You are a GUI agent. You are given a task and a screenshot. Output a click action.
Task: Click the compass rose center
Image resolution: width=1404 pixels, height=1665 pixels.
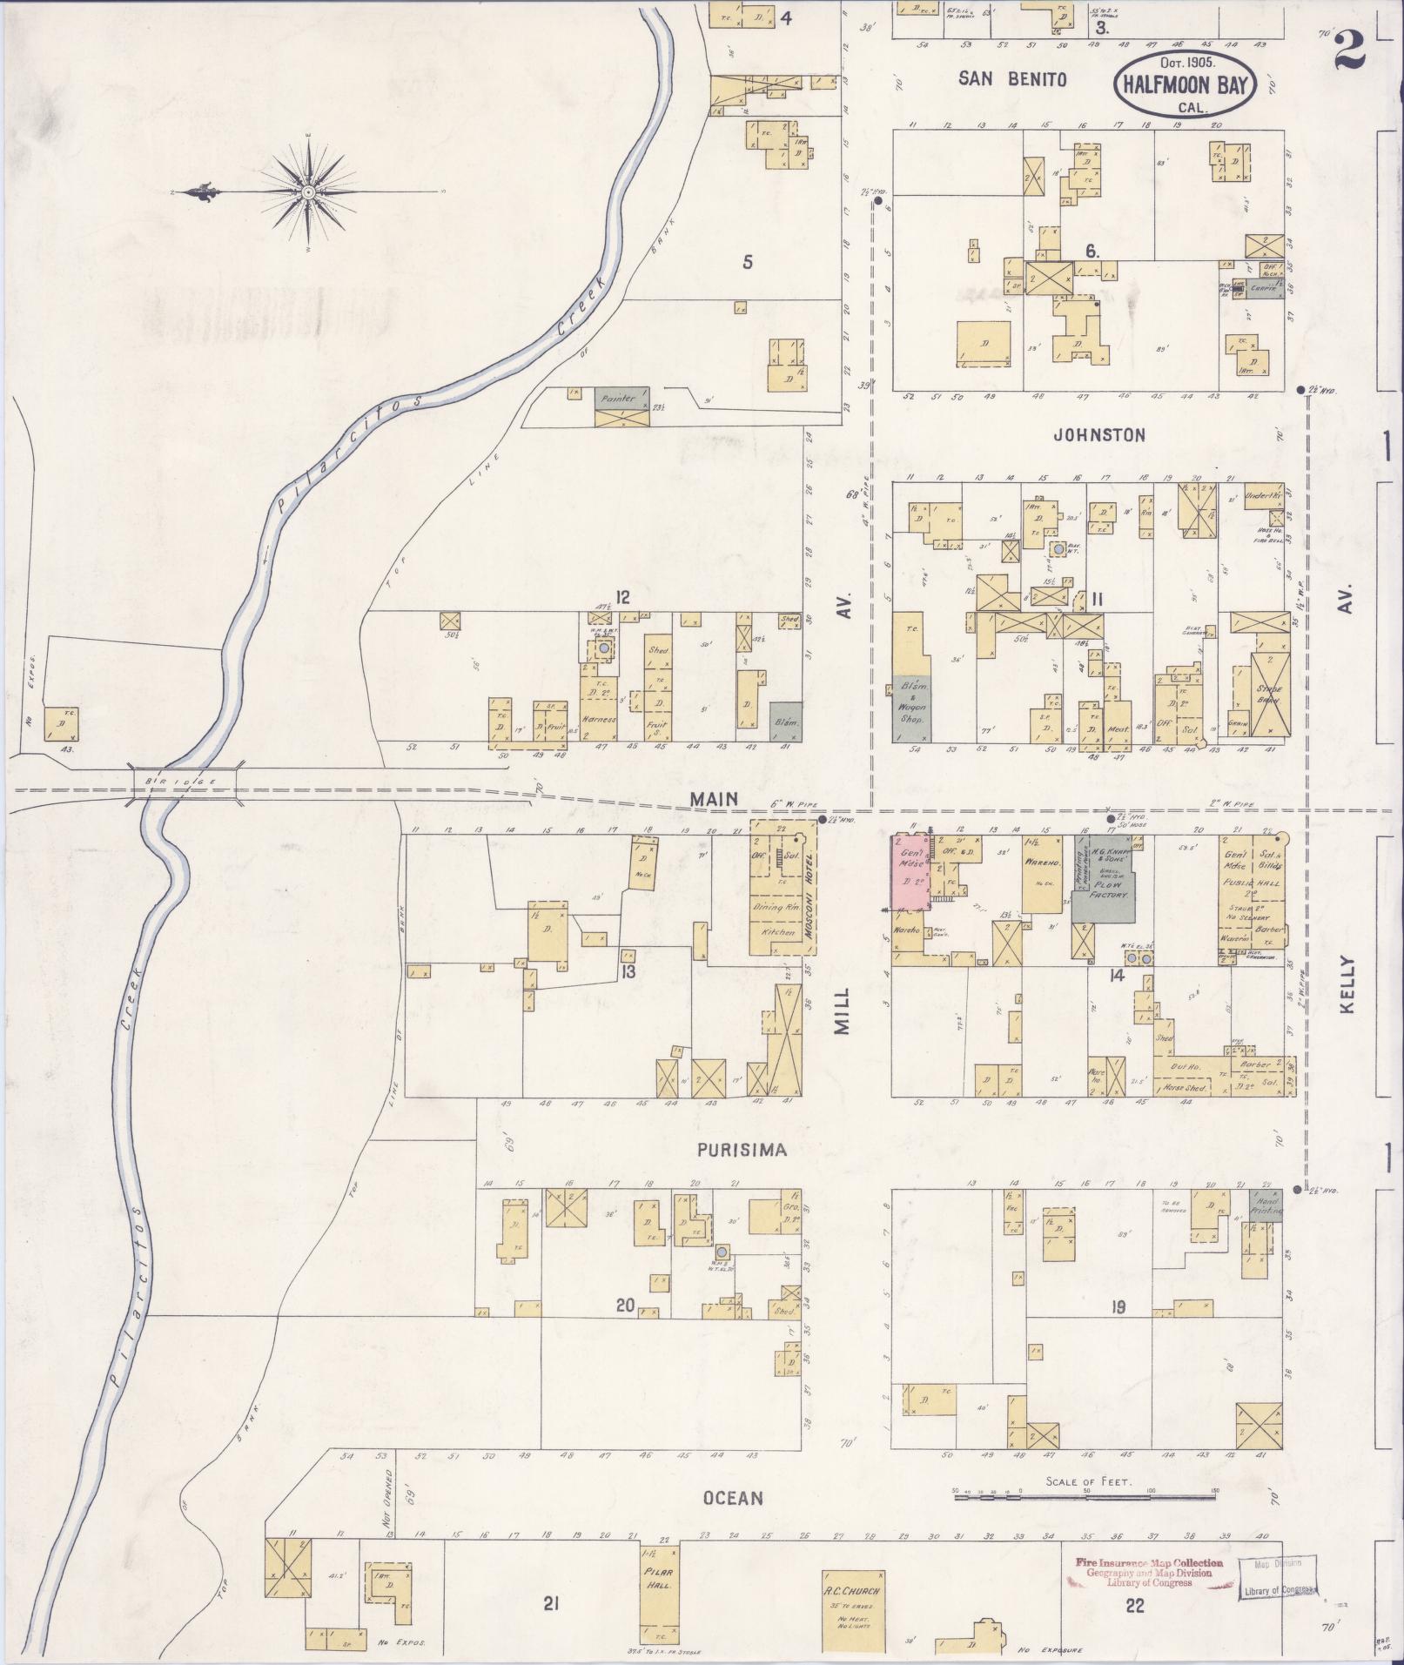308,191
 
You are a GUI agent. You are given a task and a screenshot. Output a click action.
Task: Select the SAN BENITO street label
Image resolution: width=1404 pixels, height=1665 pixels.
1012,79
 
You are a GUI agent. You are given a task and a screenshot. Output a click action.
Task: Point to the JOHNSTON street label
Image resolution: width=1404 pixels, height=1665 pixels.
1099,434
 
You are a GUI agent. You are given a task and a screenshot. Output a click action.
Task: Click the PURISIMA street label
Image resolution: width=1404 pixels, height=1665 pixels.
742,1150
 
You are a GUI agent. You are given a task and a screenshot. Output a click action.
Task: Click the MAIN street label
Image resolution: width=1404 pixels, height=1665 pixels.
714,798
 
